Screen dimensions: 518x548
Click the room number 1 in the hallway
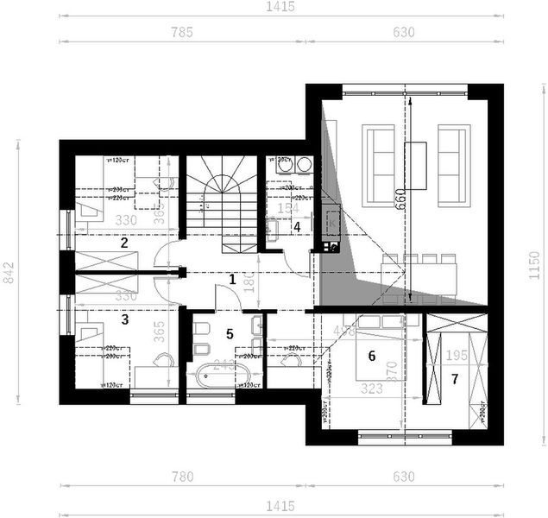(231, 279)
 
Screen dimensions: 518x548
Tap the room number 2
(124, 243)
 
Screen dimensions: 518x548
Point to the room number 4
(297, 227)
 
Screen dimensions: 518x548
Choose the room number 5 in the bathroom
(230, 333)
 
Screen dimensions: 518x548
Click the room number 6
(372, 355)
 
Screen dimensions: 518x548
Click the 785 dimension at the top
(181, 33)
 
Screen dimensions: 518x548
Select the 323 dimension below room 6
(371, 388)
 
